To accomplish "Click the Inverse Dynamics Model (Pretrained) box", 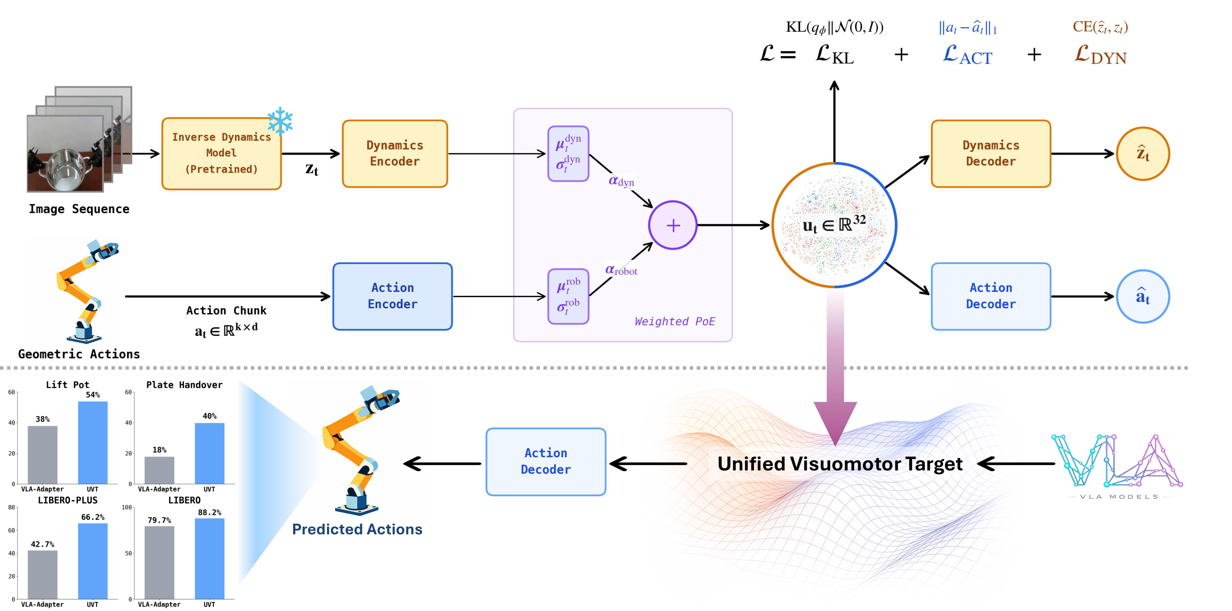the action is [x=221, y=154].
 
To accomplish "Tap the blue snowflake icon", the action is [x=280, y=122].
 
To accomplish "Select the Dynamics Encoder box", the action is [x=394, y=154].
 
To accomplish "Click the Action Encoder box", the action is [x=392, y=296].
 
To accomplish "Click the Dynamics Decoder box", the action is [x=990, y=154].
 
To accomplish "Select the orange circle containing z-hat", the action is [x=1143, y=154].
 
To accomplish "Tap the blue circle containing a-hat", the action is [x=1143, y=296].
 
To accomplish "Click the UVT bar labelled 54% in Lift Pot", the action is [x=93, y=443].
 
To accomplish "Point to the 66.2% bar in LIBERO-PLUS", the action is [x=93, y=561].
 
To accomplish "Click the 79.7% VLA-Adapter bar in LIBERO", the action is [x=159, y=563].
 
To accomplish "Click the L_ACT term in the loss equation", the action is [x=968, y=55].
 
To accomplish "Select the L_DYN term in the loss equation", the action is [x=1100, y=55].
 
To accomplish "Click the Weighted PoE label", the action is [x=674, y=321].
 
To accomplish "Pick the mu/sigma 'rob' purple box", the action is [x=568, y=296].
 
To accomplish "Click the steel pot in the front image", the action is [x=65, y=170].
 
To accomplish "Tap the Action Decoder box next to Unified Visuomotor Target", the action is [x=546, y=461].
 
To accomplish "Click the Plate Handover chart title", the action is [x=184, y=385].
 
